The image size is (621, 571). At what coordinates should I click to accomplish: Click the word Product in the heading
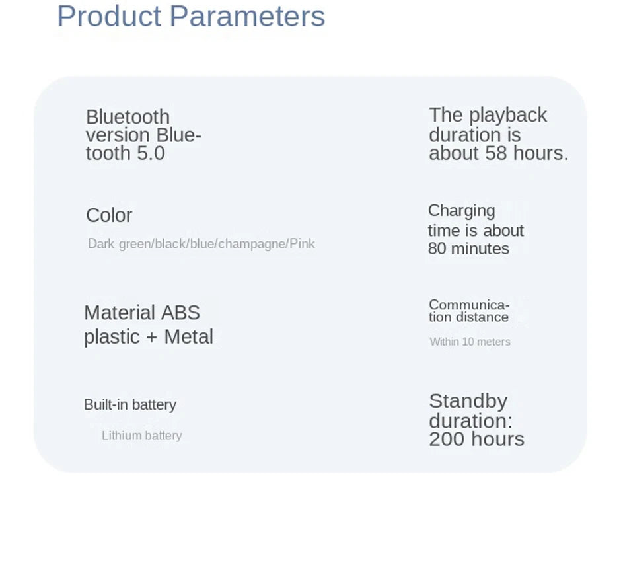pos(109,17)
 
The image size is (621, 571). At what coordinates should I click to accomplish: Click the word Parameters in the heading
pos(248,17)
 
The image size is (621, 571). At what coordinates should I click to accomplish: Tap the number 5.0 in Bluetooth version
pos(151,153)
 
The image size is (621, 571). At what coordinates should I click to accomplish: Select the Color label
pos(109,215)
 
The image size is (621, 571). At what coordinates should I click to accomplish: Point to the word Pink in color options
pos(302,244)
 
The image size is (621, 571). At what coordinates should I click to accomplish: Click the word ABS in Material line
pos(180,313)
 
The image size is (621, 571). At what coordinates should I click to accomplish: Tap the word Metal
pos(188,337)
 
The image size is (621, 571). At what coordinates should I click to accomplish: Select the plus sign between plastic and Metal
pos(152,338)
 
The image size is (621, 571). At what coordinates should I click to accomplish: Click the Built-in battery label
pos(130,405)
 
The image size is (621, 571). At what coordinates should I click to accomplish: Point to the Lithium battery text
pos(142,436)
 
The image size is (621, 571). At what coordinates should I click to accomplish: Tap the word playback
pos(508,116)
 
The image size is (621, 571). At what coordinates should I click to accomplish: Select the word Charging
pos(461,211)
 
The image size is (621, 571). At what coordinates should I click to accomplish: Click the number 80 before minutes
pos(437,249)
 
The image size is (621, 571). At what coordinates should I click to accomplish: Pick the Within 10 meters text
pos(470,342)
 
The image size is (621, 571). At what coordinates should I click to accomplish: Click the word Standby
pos(468,401)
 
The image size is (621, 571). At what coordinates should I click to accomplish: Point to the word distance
pos(482,317)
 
